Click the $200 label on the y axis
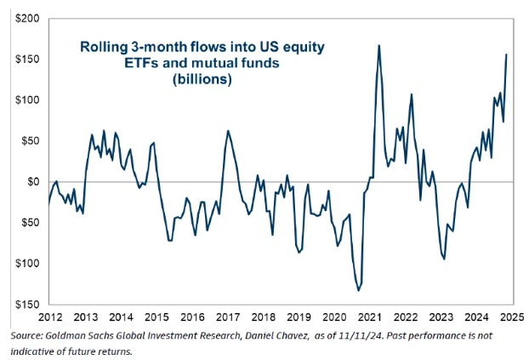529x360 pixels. click(x=25, y=18)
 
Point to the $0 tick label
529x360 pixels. click(x=32, y=181)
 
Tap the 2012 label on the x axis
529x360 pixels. click(x=48, y=315)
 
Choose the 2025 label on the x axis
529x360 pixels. click(x=513, y=315)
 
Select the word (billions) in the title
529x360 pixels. click(x=202, y=80)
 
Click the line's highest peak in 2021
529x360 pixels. click(x=378, y=45)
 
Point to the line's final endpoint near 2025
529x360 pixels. click(x=507, y=54)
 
